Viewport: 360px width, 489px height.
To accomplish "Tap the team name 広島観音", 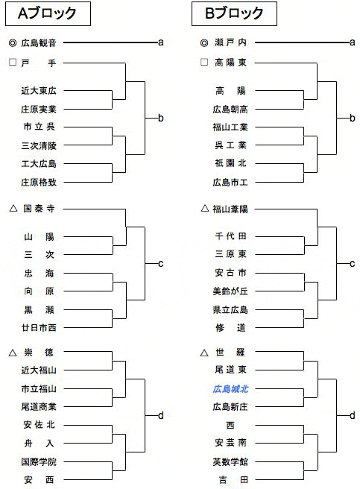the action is (39, 42).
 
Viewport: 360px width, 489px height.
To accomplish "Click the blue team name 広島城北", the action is (230, 389).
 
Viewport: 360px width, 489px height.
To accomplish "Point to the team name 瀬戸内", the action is (230, 42).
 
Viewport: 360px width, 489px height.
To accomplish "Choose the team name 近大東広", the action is (39, 91).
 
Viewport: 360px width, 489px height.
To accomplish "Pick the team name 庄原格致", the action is (39, 182).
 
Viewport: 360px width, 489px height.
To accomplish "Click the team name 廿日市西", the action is (39, 328).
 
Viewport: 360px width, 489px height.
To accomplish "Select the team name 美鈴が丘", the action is (230, 291).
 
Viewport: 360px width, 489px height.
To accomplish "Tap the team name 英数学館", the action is (230, 461).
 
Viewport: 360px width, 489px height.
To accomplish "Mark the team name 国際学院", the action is (39, 461).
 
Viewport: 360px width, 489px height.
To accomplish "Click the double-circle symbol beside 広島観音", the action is (13, 43).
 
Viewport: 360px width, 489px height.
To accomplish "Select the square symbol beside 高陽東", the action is (204, 62).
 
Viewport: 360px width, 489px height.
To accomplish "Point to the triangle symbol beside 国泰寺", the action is (13, 208).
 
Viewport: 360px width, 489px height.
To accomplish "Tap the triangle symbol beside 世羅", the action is (204, 353).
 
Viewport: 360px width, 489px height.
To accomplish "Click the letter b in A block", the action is (161, 119).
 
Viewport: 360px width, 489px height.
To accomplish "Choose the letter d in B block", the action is (353, 415).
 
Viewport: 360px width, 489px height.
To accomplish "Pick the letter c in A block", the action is (161, 264).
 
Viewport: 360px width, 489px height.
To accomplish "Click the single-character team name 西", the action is (230, 425).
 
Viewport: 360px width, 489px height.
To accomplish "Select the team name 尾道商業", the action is (39, 407).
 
